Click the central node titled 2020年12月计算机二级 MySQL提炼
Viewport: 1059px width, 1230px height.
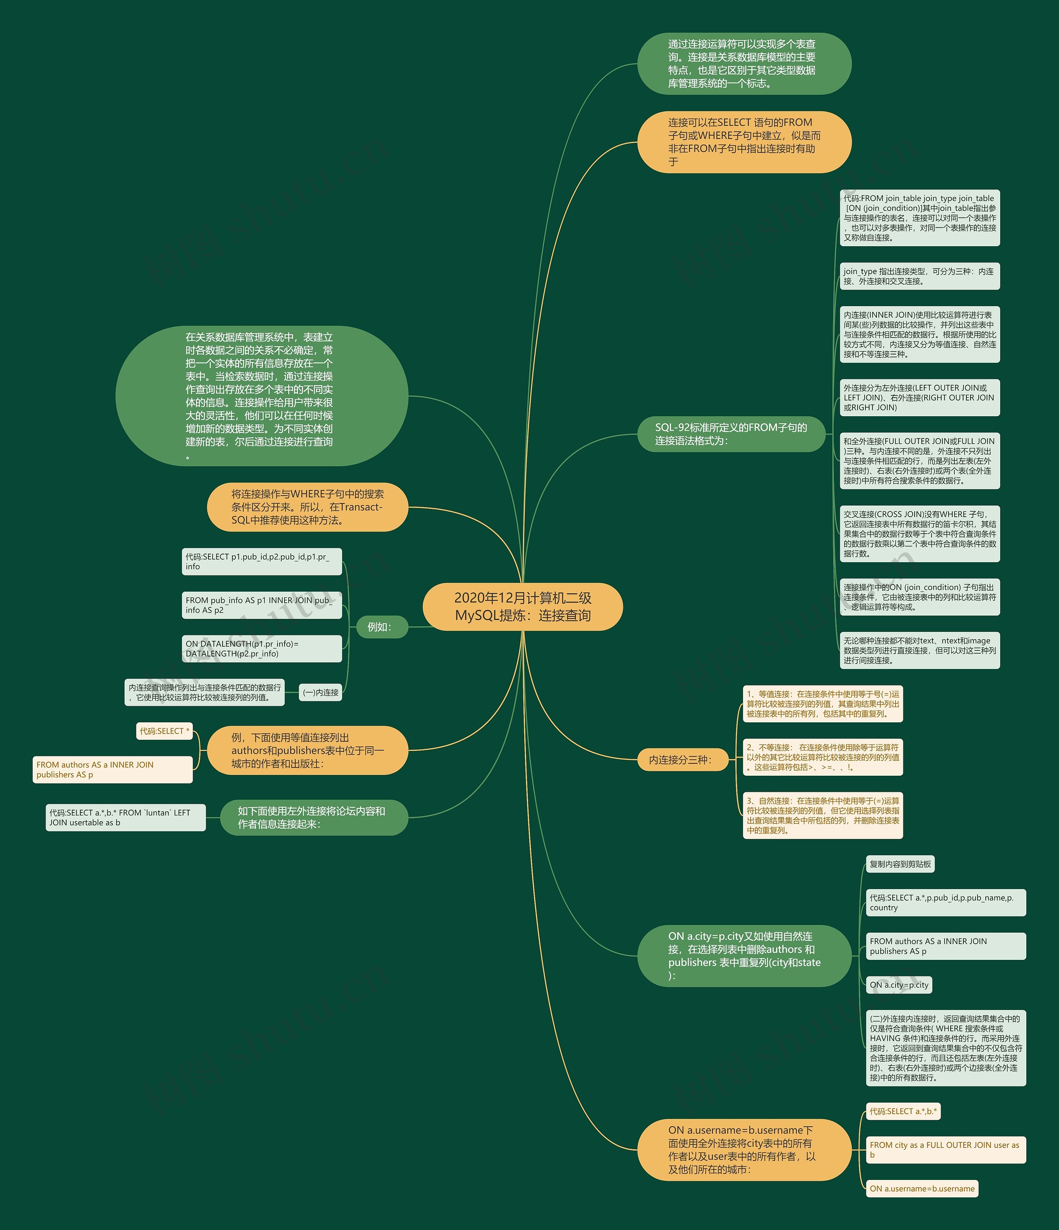(522, 607)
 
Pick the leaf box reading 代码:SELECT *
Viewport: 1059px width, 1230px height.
(164, 731)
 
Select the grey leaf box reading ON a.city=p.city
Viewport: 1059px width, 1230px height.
(899, 985)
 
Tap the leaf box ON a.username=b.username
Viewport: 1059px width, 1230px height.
(922, 1189)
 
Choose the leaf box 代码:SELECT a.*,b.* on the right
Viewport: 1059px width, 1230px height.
(903, 1111)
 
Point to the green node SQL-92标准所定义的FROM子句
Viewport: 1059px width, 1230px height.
(731, 434)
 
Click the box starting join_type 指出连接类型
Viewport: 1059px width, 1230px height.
(920, 276)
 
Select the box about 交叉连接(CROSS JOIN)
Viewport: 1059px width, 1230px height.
(920, 534)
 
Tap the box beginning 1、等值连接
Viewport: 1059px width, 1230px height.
(823, 704)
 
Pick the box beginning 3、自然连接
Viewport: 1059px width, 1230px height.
(823, 815)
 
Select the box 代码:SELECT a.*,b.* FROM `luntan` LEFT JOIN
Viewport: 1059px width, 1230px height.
(125, 818)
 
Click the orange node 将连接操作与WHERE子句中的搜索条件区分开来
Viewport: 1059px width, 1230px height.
(307, 507)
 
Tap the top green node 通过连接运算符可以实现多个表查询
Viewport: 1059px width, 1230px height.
(744, 64)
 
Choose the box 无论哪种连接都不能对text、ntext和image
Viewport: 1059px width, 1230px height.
(920, 651)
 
